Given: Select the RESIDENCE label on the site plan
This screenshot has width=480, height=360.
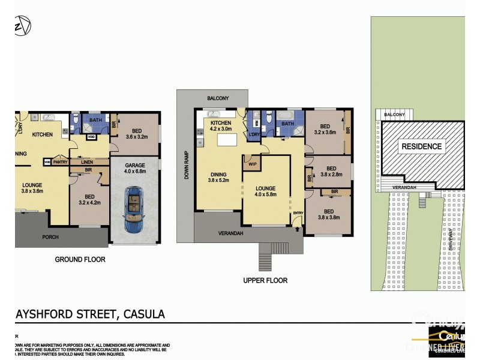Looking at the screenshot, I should pos(421,146).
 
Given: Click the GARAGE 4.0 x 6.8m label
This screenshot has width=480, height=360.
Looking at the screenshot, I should pos(135,170).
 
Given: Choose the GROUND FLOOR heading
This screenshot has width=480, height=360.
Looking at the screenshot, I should pos(80,260).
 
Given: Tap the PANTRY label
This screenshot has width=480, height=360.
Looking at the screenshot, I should pos(60,162).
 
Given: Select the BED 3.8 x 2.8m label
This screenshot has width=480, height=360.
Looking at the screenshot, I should pos(330,172).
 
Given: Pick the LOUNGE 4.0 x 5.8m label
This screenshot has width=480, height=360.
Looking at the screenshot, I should pos(265,190).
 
